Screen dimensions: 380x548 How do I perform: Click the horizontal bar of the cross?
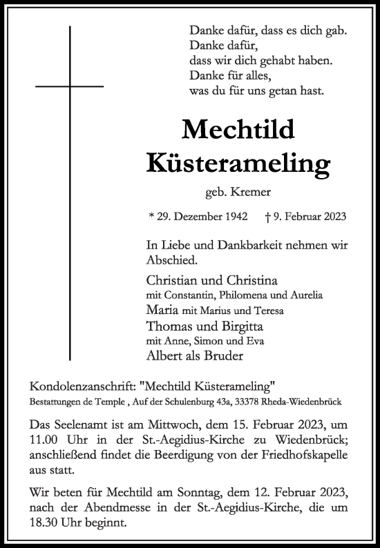tap(69, 86)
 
